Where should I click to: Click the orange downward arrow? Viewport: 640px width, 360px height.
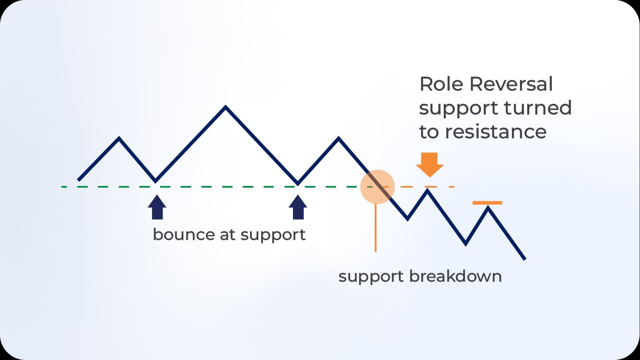430,164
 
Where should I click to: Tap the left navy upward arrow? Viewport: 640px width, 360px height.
157,207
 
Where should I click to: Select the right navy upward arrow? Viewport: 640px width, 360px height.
298,207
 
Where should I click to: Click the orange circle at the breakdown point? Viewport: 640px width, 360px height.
377,187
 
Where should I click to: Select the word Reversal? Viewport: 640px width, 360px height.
511,84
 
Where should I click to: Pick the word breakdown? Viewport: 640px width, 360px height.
455,276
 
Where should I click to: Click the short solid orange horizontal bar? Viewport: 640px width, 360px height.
487,203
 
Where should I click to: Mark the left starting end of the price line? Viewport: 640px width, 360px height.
79,180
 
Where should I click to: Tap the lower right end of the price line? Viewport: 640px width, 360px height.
525,258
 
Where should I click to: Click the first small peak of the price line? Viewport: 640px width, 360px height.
119,138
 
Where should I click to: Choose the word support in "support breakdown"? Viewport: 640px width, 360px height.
371,277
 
